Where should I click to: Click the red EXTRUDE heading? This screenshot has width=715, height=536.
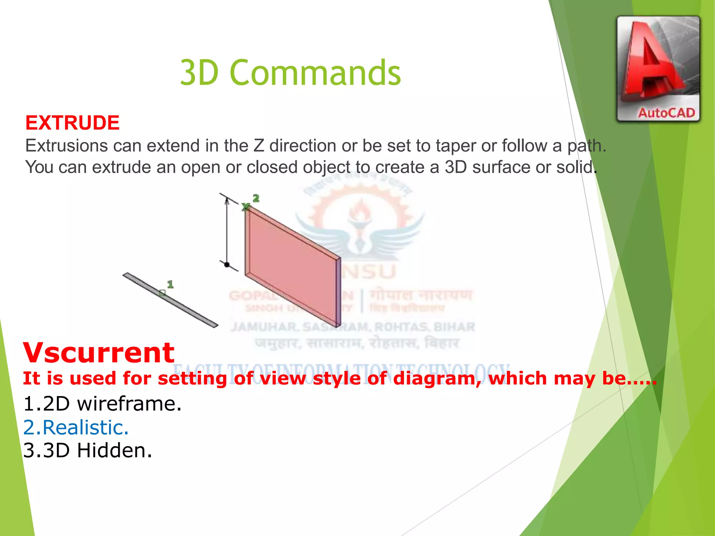[x=72, y=123]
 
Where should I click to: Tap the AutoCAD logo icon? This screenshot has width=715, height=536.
[x=658, y=69]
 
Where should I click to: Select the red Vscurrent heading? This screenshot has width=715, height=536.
[x=98, y=352]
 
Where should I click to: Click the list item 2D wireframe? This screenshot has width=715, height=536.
[x=102, y=404]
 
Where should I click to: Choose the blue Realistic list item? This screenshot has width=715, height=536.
[x=76, y=427]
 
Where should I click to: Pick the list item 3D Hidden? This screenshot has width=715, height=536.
[x=87, y=451]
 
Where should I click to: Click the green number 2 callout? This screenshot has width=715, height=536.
[x=256, y=199]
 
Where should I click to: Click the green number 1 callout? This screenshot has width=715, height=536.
[x=170, y=284]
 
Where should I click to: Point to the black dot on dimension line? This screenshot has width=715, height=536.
[x=227, y=265]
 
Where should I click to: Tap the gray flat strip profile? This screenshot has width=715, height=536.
[x=170, y=300]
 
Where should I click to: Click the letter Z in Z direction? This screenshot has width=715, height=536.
[x=259, y=146]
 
